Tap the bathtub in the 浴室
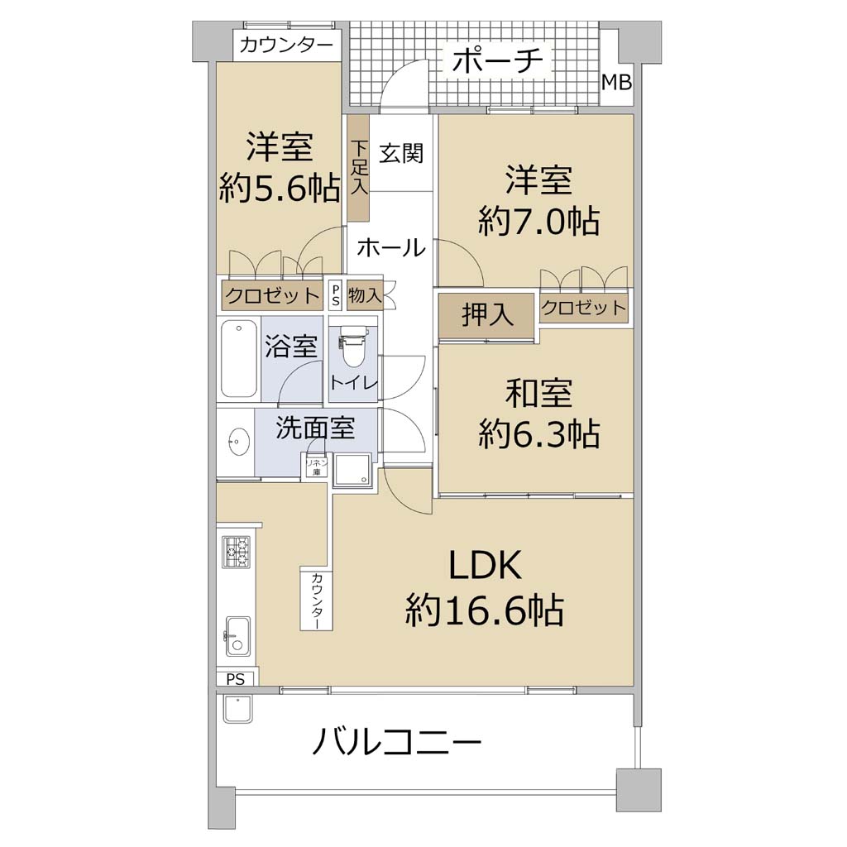click(x=239, y=359)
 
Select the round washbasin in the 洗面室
click(x=237, y=443)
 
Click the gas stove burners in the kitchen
click(x=236, y=552)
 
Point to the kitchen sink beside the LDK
click(x=237, y=636)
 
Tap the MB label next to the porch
click(x=616, y=83)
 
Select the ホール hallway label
click(x=391, y=247)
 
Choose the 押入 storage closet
click(x=486, y=315)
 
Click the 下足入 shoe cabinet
click(x=358, y=168)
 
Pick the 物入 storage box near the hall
click(x=365, y=295)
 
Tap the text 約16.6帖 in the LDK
click(x=485, y=610)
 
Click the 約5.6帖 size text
click(x=280, y=188)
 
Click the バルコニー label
click(x=397, y=741)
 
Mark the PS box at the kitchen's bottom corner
click(x=236, y=679)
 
